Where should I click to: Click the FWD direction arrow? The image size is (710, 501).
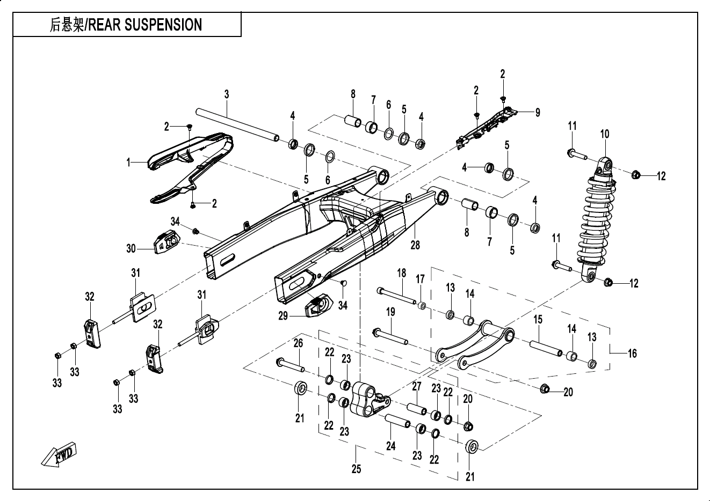59,454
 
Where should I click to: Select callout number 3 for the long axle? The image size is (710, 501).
227,94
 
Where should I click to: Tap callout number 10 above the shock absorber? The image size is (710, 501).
605,134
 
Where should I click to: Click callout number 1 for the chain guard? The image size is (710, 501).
128,162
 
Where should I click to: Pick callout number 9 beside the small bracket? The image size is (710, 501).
537,112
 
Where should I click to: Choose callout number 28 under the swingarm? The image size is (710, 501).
415,245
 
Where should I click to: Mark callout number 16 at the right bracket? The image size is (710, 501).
632,353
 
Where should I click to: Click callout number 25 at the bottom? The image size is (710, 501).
356,469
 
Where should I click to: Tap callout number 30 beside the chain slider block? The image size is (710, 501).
132,248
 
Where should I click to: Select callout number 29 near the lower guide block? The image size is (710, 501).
284,316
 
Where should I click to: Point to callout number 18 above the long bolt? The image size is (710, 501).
401,272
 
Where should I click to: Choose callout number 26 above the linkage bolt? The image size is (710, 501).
298,343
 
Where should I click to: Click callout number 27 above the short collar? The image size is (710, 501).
417,386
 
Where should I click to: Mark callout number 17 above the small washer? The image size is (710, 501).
420,279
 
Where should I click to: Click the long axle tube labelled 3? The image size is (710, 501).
236,124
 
